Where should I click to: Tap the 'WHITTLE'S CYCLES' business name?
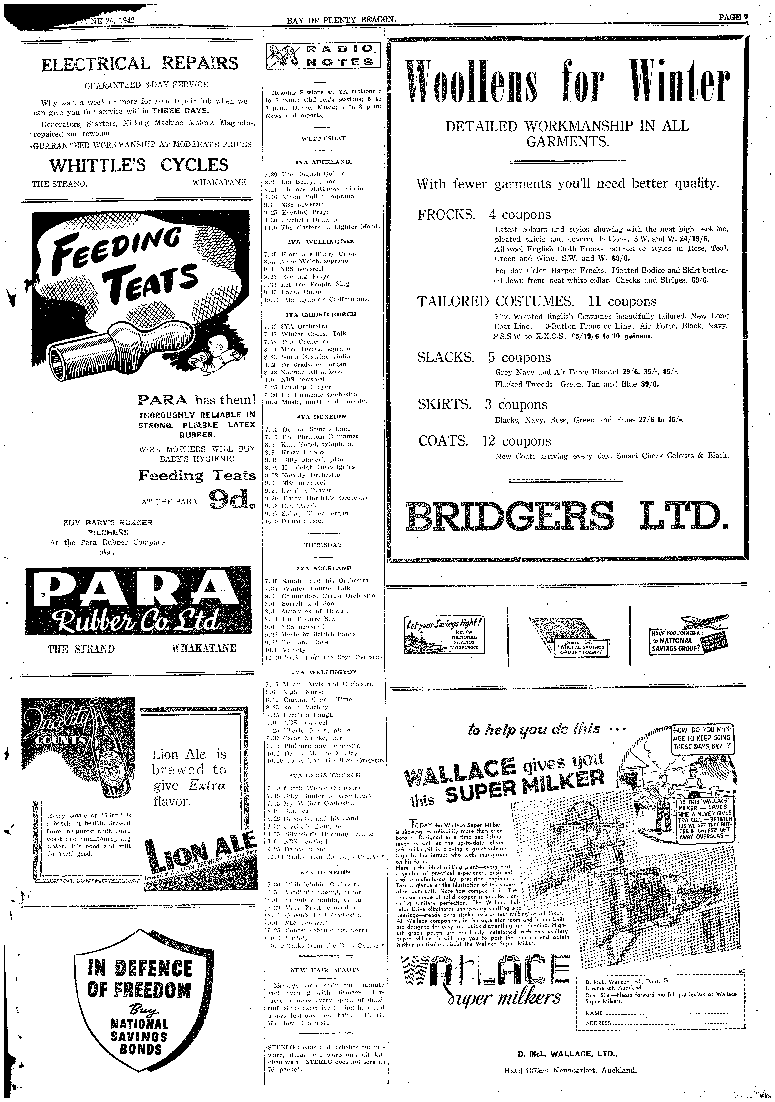click(139, 165)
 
